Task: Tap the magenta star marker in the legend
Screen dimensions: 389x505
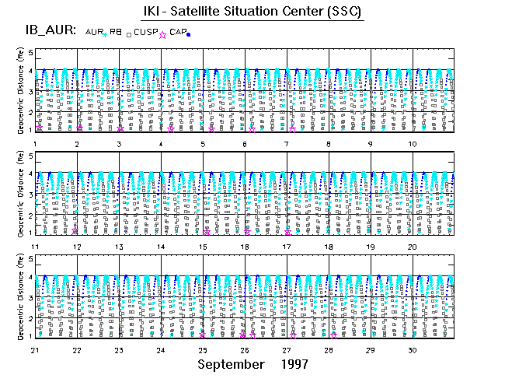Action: [162, 34]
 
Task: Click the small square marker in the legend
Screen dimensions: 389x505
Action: [128, 33]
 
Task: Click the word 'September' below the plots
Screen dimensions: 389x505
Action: [231, 364]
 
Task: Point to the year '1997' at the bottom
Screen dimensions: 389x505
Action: [294, 364]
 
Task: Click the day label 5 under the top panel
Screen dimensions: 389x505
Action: [203, 144]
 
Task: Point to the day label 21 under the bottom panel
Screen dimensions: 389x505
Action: [35, 349]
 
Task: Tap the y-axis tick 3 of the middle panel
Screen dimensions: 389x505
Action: [30, 195]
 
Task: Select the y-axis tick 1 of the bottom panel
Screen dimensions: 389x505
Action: [30, 335]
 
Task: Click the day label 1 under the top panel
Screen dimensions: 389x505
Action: [34, 144]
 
